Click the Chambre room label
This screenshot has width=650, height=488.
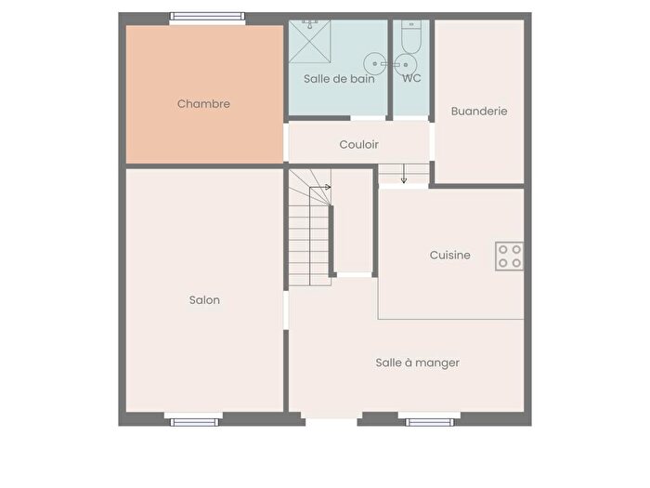click(x=203, y=104)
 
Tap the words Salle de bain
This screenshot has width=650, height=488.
click(x=339, y=79)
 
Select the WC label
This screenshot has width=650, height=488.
click(x=411, y=79)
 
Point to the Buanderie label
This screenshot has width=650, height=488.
click(x=479, y=111)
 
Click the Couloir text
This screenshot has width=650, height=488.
click(x=358, y=145)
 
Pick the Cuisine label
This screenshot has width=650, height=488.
click(x=449, y=255)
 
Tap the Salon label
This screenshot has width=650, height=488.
click(x=204, y=300)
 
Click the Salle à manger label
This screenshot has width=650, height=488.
click(x=417, y=363)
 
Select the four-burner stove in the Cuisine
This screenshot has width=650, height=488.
click(x=509, y=256)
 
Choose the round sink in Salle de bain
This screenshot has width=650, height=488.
click(x=374, y=63)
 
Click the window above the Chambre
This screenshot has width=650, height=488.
click(x=207, y=17)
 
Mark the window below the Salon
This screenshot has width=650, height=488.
click(x=193, y=420)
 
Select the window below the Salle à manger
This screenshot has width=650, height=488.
click(x=432, y=420)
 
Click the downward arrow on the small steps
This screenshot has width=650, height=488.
click(x=404, y=178)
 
